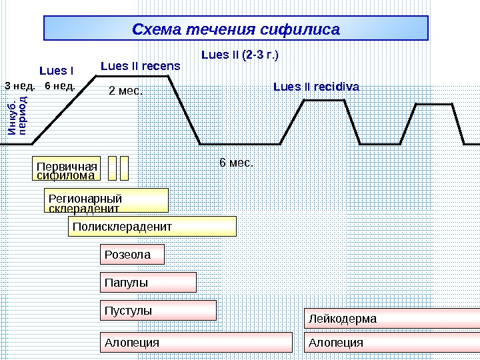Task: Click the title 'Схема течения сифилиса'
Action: click(x=236, y=29)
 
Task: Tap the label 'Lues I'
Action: click(x=57, y=70)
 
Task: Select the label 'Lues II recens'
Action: click(x=140, y=66)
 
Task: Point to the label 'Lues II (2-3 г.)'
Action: click(x=240, y=54)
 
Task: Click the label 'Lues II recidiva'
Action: click(x=316, y=87)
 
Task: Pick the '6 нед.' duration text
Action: click(x=59, y=86)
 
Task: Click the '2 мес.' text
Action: click(x=126, y=90)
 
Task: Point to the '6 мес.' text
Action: click(x=237, y=162)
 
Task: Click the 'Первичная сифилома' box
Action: click(x=66, y=169)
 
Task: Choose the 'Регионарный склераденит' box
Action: click(x=106, y=200)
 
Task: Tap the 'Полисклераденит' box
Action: click(x=153, y=227)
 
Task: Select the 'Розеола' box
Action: click(x=132, y=255)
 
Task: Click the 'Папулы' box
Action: click(x=148, y=283)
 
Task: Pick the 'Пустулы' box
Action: click(x=158, y=311)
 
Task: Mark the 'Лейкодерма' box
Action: click(x=392, y=319)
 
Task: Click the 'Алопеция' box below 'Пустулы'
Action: click(x=196, y=343)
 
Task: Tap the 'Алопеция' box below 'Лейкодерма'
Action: click(x=392, y=343)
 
